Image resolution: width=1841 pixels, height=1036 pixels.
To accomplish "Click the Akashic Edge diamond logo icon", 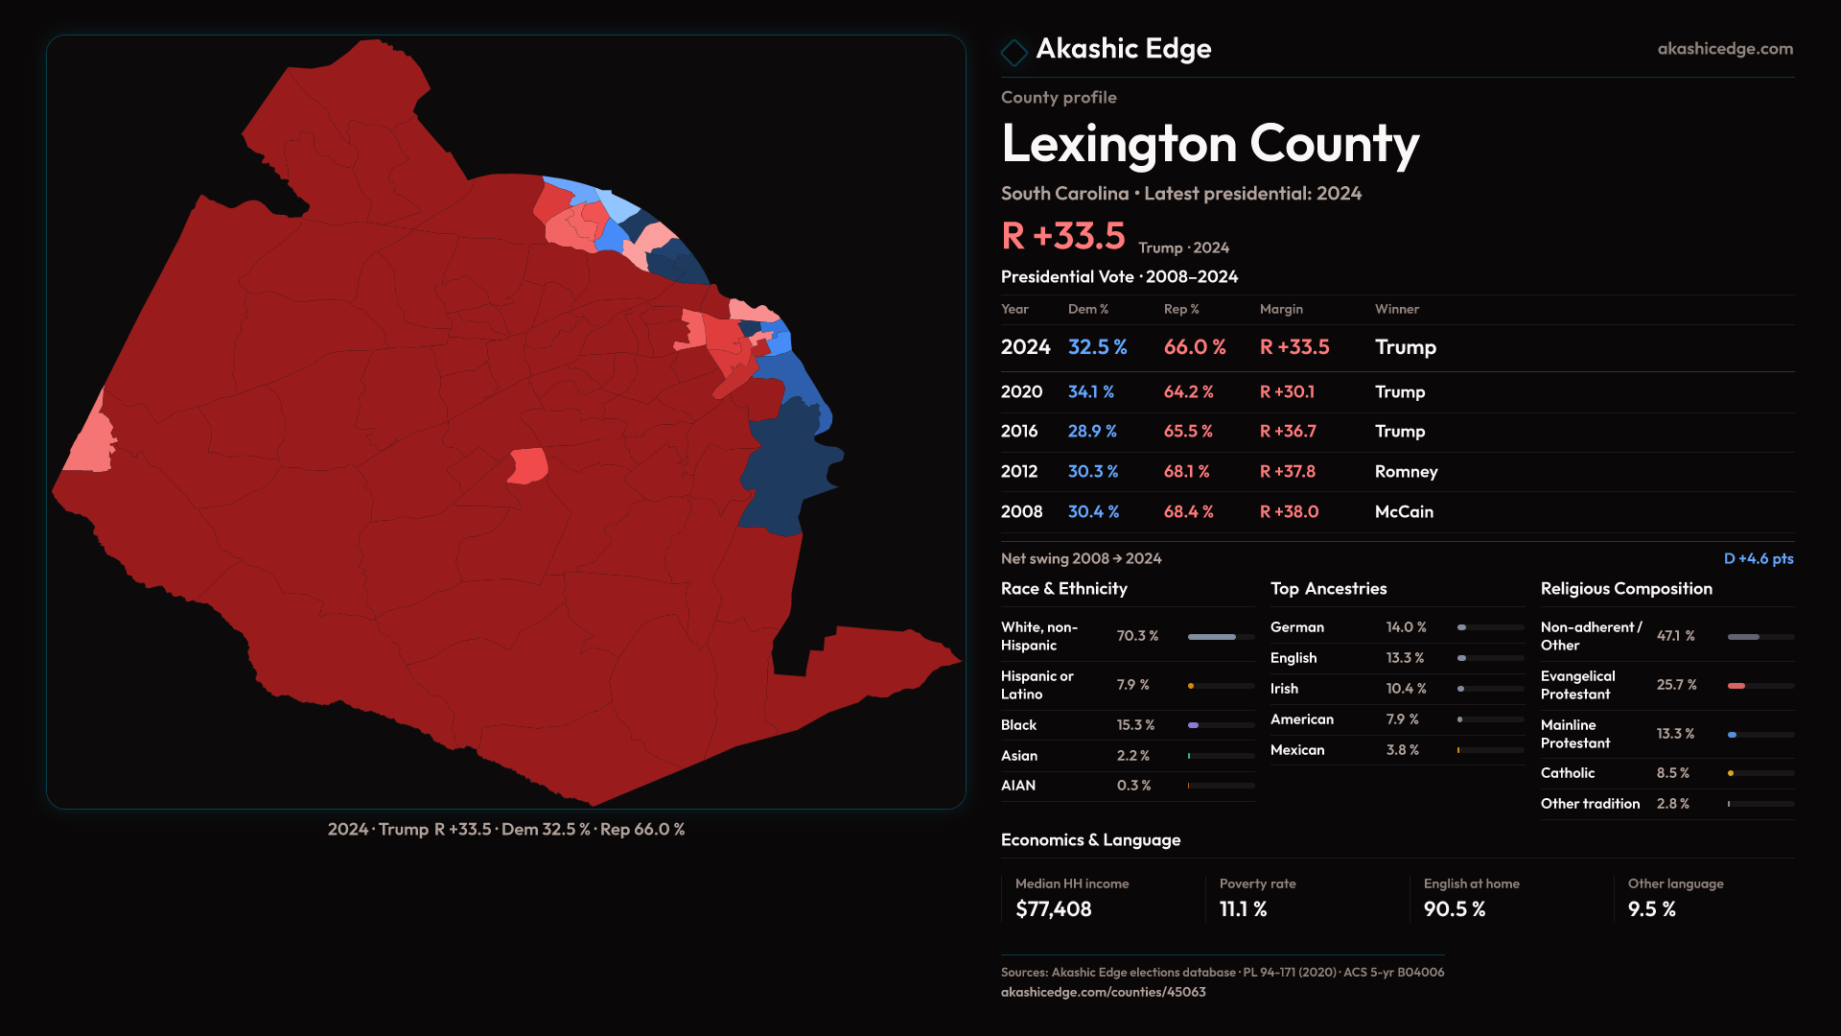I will [x=1014, y=51].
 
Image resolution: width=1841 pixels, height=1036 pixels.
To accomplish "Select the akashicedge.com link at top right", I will [x=1724, y=49].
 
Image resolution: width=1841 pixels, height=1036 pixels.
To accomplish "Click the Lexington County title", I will [x=1209, y=144].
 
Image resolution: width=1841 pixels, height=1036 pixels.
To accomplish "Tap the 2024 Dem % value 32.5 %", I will [x=1097, y=347].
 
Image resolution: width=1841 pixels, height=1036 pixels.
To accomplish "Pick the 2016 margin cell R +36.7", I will [x=1287, y=432].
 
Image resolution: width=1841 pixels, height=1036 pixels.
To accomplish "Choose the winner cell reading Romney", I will [x=1406, y=472].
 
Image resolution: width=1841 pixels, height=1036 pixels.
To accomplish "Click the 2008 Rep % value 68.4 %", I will [x=1188, y=512].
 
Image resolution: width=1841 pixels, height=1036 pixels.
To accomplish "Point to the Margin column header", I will [x=1281, y=309].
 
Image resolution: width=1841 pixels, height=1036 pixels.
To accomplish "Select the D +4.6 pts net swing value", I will [x=1758, y=558].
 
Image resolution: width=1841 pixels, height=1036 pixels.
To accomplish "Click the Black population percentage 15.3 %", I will [x=1135, y=725].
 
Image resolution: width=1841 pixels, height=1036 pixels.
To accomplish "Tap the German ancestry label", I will [x=1296, y=627].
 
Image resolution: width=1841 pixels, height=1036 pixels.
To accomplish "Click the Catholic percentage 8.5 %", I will [x=1672, y=773].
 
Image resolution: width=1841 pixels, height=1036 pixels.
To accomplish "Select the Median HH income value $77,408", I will [x=1053, y=909].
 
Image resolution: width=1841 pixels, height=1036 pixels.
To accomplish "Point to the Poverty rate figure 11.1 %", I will [x=1243, y=909].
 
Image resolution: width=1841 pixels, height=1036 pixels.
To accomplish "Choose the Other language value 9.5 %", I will [x=1651, y=909].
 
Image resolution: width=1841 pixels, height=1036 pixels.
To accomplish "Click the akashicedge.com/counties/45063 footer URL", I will [x=1103, y=992].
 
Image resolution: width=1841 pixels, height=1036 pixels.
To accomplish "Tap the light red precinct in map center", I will [x=527, y=466].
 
